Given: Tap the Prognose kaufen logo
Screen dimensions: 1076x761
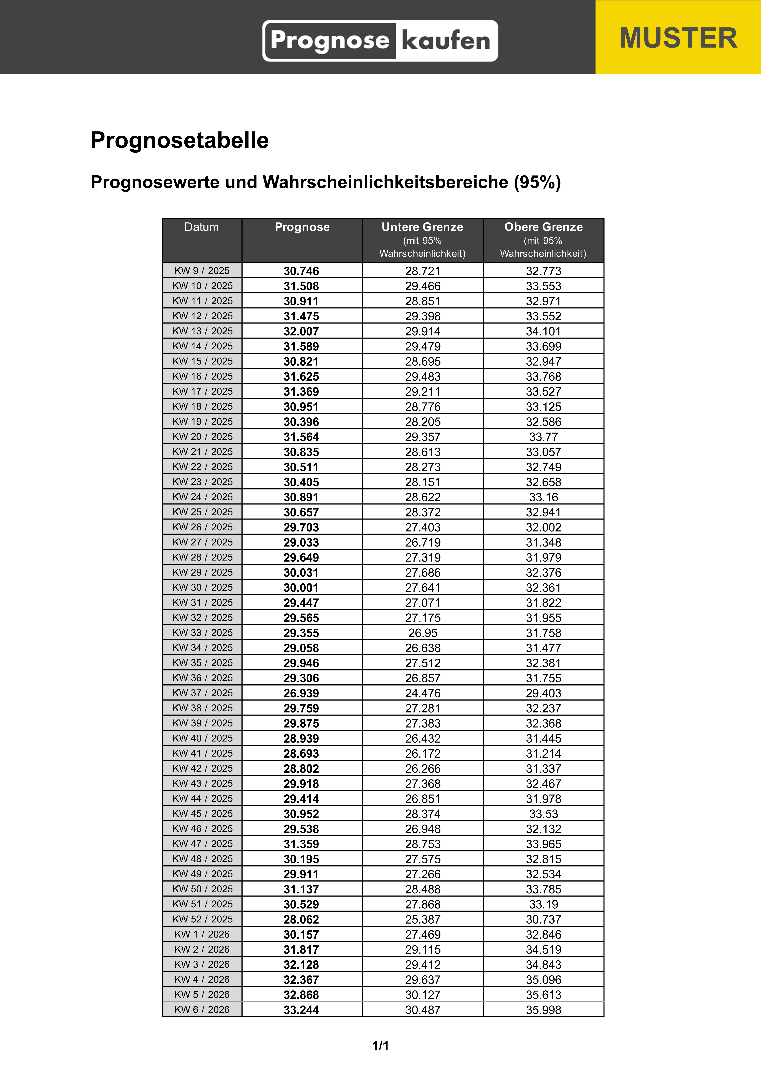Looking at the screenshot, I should pos(380,41).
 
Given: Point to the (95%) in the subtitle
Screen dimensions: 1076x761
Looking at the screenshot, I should pos(537,182).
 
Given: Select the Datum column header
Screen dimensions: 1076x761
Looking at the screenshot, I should pos(202,227).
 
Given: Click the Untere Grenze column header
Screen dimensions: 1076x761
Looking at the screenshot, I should pos(423,227).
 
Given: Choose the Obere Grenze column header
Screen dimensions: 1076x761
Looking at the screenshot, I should pos(543,227).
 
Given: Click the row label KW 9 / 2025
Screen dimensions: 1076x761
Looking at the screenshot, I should pos(202,271).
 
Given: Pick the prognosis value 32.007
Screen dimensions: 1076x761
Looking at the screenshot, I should pos(301,331).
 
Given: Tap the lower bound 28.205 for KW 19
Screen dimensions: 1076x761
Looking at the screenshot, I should pos(423,422).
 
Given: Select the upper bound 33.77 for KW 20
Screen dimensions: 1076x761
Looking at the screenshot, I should pos(543,437).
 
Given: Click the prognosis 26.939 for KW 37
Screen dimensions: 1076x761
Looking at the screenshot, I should pos(301,693).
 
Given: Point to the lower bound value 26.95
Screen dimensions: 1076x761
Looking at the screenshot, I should pos(423,633).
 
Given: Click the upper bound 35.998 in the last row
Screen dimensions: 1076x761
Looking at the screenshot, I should pos(543,1010).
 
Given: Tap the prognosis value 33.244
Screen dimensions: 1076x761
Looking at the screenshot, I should pos(301,1010).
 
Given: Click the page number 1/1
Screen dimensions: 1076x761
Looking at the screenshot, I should pos(380,1045).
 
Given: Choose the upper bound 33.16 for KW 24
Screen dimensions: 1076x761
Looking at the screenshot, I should pos(543,497).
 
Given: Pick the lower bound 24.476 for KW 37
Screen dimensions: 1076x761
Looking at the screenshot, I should pos(423,693).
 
